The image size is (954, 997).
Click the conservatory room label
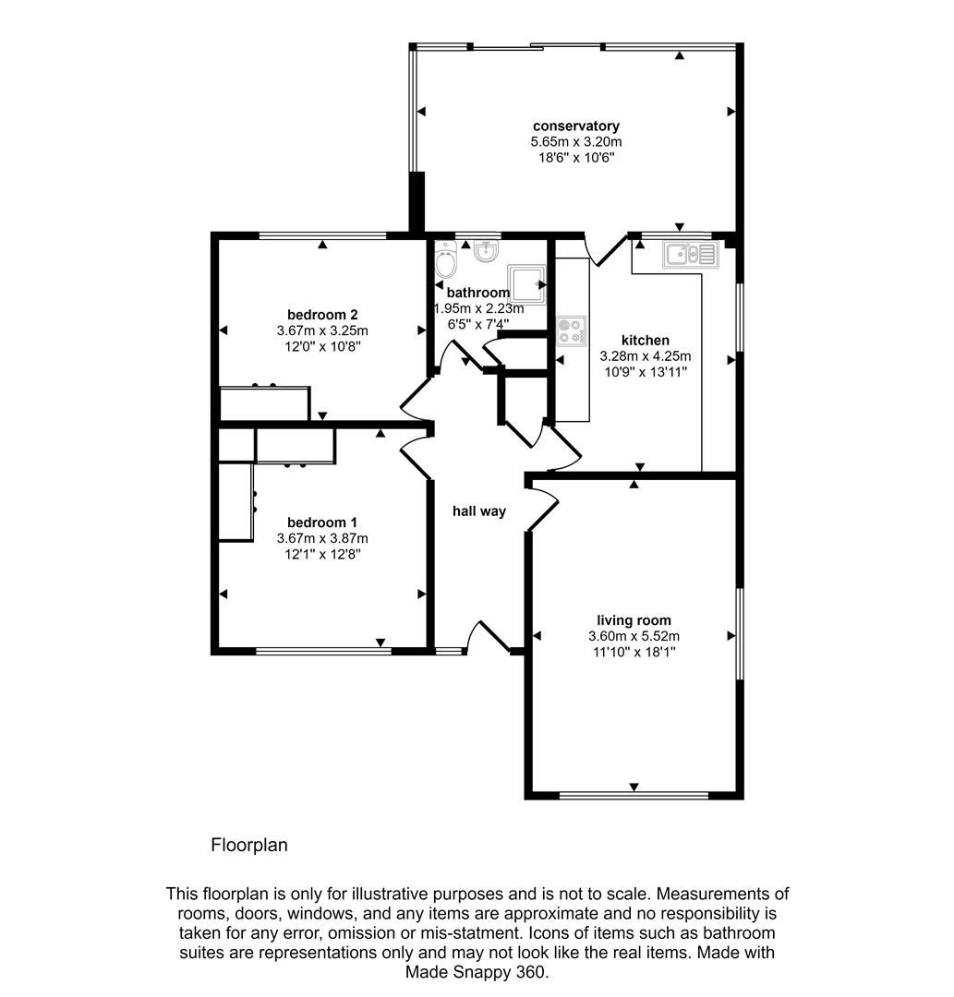coord(575,126)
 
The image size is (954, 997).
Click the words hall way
coord(478,511)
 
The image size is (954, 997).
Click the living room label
coord(634,620)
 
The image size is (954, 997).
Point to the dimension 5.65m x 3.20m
coord(575,142)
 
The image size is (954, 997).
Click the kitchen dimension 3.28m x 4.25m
coord(646,356)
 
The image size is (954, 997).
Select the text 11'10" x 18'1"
coord(634,652)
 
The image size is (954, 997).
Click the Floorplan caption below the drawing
coord(249,845)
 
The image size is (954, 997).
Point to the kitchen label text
coord(645,341)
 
